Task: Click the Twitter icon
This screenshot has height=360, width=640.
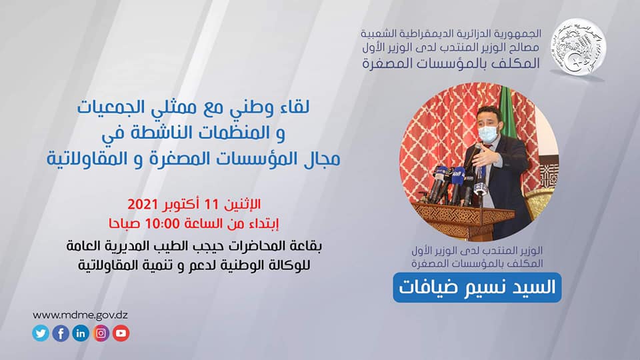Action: click(x=41, y=333)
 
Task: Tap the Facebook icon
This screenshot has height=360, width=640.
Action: click(x=61, y=333)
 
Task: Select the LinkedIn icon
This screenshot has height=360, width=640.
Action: click(x=81, y=333)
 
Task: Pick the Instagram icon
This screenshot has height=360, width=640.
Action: click(x=101, y=333)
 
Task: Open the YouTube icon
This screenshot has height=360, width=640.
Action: click(x=121, y=333)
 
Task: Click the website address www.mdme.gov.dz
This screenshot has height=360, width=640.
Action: click(x=81, y=315)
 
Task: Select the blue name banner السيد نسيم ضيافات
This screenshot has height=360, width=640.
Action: click(x=477, y=288)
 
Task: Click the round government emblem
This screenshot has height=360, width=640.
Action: click(x=579, y=47)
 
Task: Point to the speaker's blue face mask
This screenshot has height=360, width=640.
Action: click(x=488, y=133)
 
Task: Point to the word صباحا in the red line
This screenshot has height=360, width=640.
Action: click(x=123, y=224)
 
